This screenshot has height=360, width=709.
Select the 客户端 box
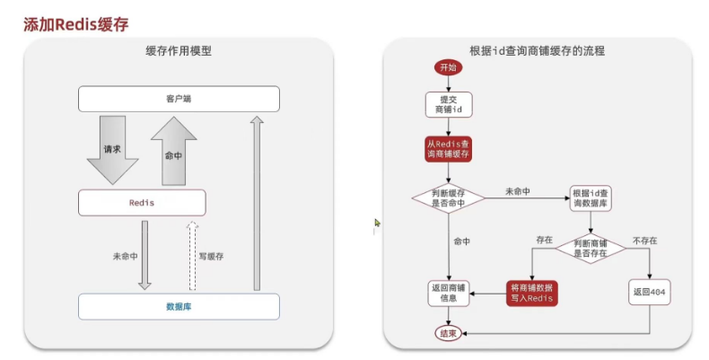[x=179, y=98]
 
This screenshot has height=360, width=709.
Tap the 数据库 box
[x=179, y=306]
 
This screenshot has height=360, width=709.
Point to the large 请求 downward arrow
[x=113, y=151]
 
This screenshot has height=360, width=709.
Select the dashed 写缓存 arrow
[x=190, y=256]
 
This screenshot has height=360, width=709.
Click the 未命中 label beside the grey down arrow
[x=125, y=256]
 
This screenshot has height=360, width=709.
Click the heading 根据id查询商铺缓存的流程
[x=537, y=51]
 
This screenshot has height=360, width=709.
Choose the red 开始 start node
[x=448, y=67]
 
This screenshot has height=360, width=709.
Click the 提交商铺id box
[x=448, y=104]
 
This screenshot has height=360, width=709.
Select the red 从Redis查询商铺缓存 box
[x=448, y=148]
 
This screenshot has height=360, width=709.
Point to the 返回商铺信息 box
[x=448, y=294]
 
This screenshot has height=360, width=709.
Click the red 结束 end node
[x=448, y=333]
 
